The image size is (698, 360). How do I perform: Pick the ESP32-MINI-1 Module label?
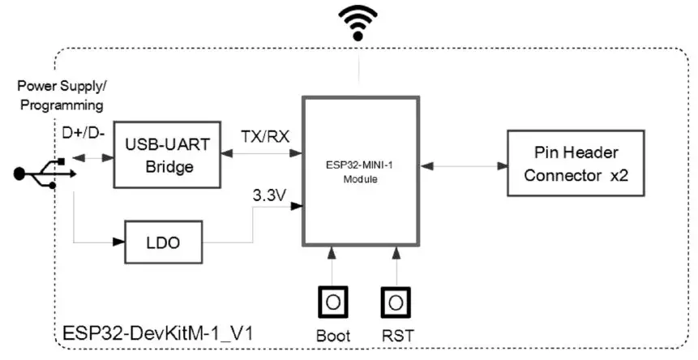361,172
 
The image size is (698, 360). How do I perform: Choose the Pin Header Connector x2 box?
576,162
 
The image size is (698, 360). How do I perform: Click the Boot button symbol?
332,302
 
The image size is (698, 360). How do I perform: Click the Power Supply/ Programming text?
61,95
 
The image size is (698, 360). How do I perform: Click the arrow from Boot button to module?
332,265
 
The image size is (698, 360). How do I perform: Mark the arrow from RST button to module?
396,265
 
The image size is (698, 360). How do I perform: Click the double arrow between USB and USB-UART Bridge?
92,158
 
